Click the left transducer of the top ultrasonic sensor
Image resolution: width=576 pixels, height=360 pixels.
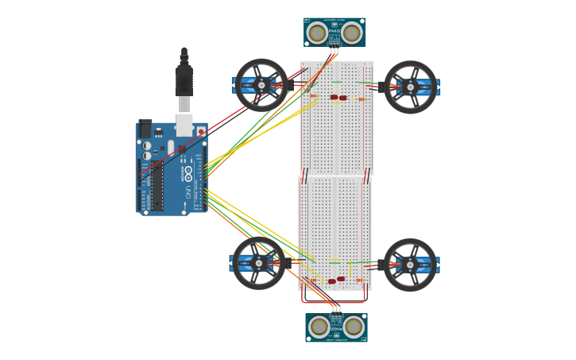click(x=317, y=33)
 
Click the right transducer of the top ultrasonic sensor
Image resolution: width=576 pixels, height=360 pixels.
click(x=351, y=33)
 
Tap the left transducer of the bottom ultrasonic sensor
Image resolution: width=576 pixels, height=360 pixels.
click(x=319, y=327)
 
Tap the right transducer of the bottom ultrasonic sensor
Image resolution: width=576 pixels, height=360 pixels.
click(x=354, y=327)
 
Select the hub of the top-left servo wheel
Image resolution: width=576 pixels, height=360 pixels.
click(x=261, y=85)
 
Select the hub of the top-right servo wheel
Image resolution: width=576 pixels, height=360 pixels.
click(x=411, y=87)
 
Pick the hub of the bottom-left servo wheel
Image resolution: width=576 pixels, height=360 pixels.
click(x=259, y=263)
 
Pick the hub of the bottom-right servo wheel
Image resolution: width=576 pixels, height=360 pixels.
click(x=410, y=265)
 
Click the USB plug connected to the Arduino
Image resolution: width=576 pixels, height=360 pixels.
click(x=184, y=79)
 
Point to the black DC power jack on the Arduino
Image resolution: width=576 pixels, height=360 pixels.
click(x=145, y=129)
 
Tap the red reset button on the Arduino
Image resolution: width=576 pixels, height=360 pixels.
click(x=201, y=131)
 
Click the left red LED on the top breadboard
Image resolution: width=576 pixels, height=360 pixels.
click(x=334, y=98)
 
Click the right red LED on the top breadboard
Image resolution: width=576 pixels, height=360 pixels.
click(x=343, y=98)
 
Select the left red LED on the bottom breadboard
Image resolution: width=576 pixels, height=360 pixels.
click(x=332, y=281)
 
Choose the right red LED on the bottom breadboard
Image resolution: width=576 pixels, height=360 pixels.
click(x=341, y=279)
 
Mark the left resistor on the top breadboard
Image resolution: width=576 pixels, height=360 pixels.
click(x=313, y=96)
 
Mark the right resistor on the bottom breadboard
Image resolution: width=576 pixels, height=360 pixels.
click(x=359, y=281)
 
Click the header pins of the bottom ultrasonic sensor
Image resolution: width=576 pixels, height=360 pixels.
click(x=336, y=309)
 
